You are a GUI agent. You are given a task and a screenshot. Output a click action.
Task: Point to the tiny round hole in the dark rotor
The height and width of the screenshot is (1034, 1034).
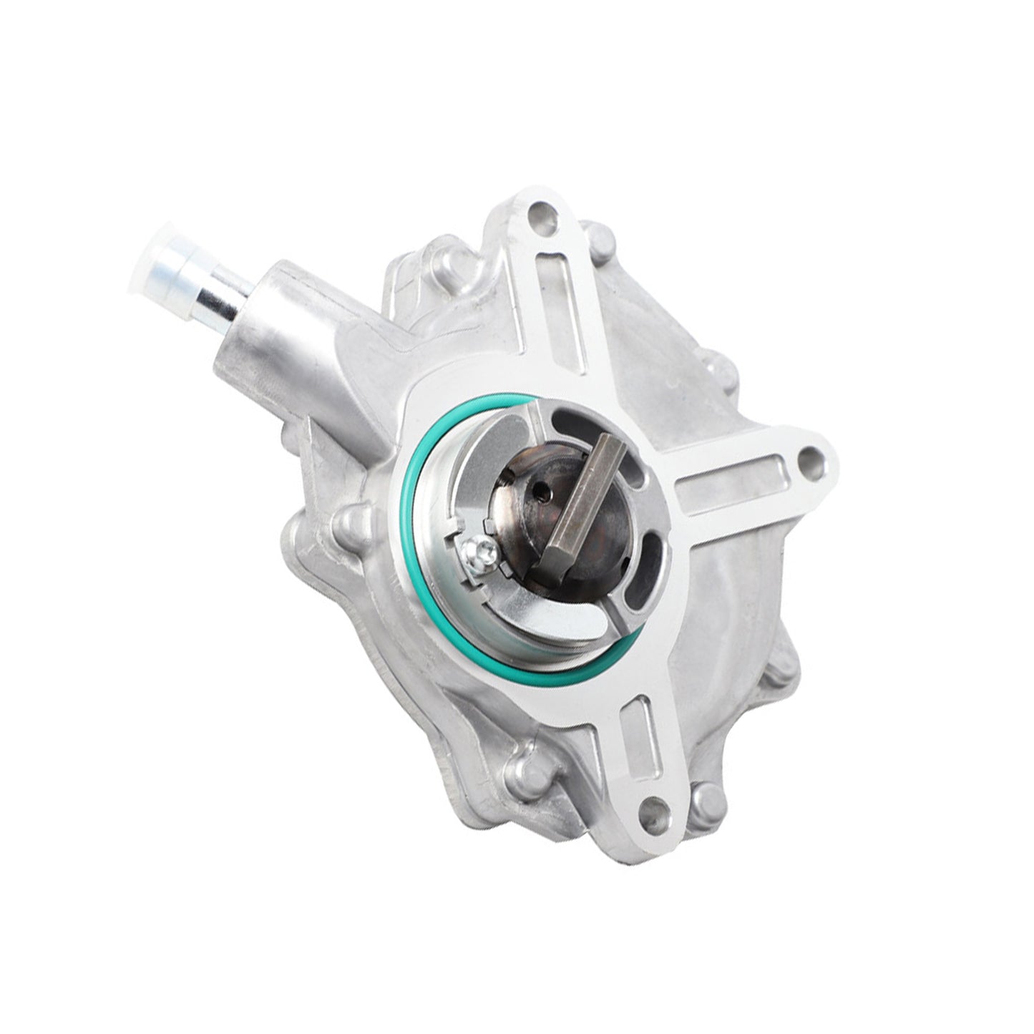tap(545, 492)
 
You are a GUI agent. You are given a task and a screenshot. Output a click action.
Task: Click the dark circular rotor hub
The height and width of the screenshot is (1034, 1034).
tap(544, 515)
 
